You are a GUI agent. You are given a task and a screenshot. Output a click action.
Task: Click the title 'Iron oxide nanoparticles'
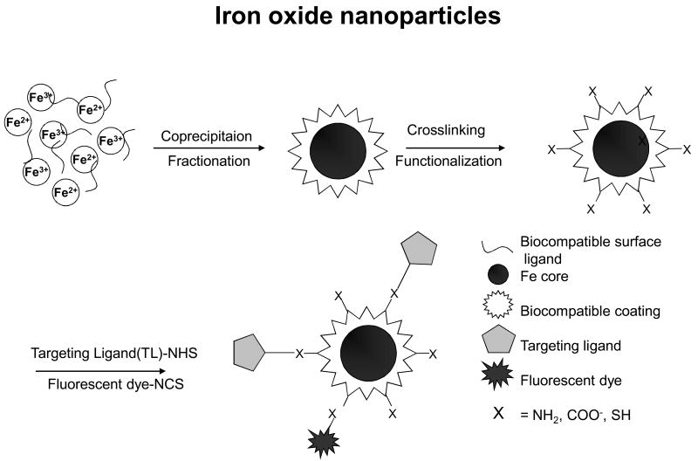click(348, 19)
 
